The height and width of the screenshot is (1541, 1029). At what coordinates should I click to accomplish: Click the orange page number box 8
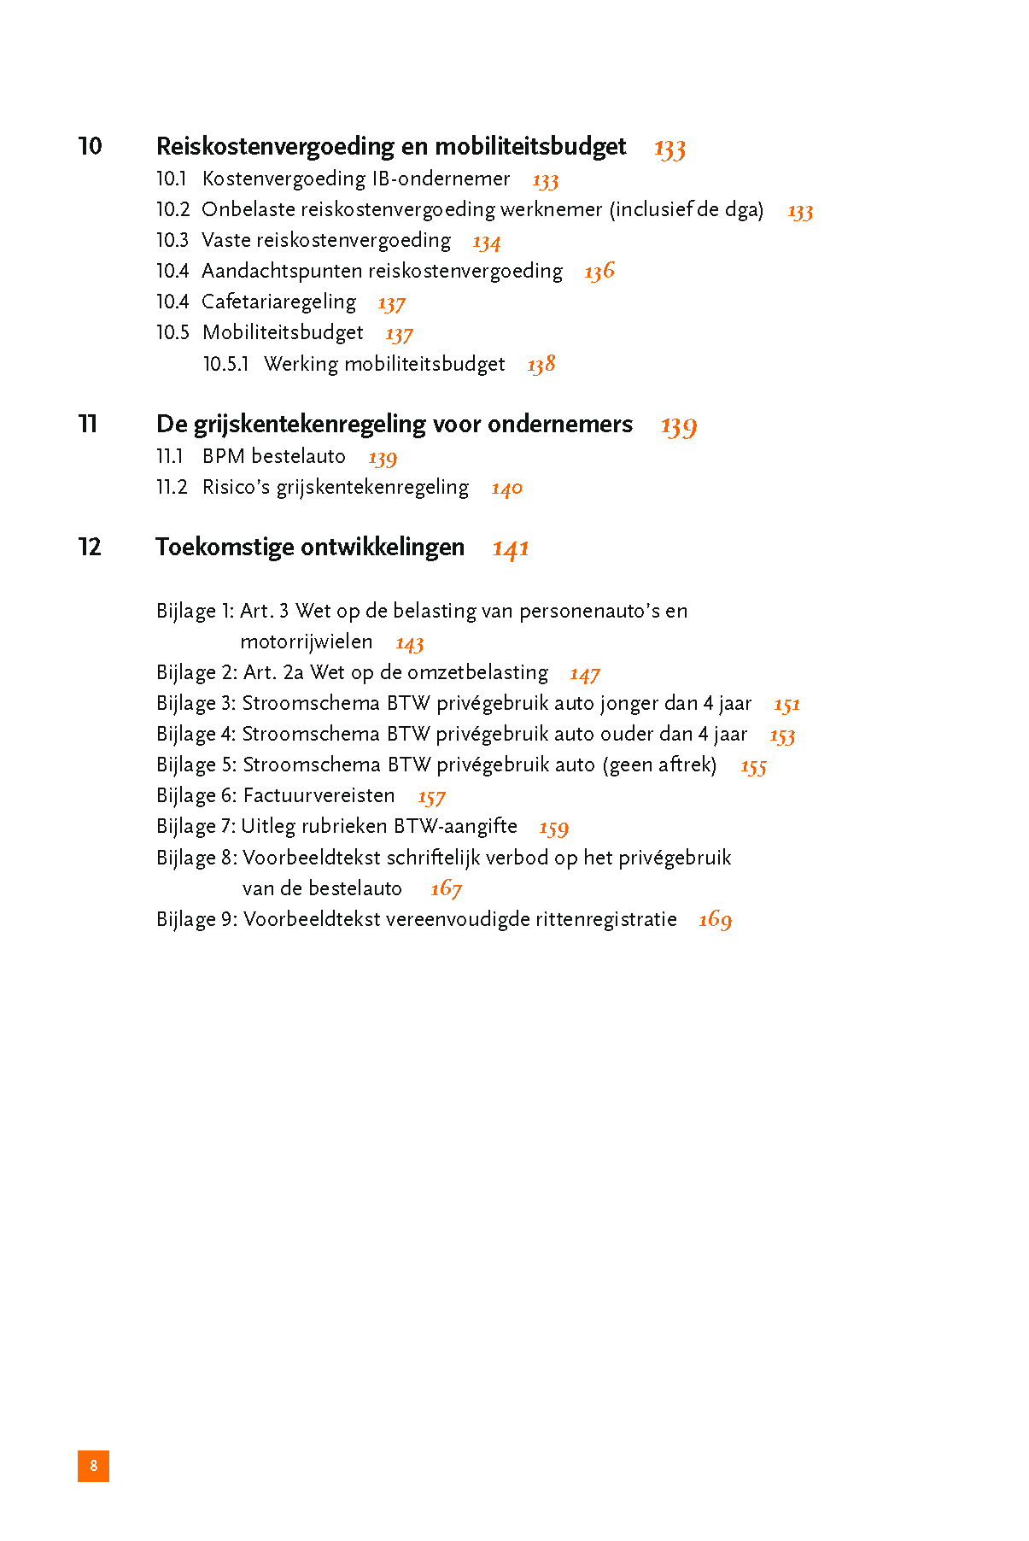click(93, 1465)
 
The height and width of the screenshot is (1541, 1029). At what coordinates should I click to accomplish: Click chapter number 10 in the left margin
click(90, 146)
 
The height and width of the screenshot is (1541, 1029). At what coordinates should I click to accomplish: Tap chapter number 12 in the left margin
click(90, 547)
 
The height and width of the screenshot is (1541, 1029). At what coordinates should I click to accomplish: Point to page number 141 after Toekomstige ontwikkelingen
click(511, 548)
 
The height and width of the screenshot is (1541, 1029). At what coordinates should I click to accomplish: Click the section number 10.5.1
click(225, 364)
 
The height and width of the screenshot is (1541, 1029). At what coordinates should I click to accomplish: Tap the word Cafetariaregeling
click(278, 302)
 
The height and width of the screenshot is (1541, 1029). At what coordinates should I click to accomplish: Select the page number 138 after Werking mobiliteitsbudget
click(541, 365)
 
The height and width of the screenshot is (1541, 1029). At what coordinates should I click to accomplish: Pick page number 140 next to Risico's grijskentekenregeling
click(506, 489)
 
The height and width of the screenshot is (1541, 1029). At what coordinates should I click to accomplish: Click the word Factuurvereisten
click(319, 795)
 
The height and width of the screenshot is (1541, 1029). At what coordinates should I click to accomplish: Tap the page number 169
click(715, 920)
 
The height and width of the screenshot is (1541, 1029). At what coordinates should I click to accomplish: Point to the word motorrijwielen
click(306, 642)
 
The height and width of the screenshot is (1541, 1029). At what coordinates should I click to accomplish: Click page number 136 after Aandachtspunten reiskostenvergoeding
click(599, 272)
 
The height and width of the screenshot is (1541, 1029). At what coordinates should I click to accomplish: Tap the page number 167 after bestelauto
click(446, 889)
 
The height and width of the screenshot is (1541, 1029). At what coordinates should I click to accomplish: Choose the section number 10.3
click(172, 240)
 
